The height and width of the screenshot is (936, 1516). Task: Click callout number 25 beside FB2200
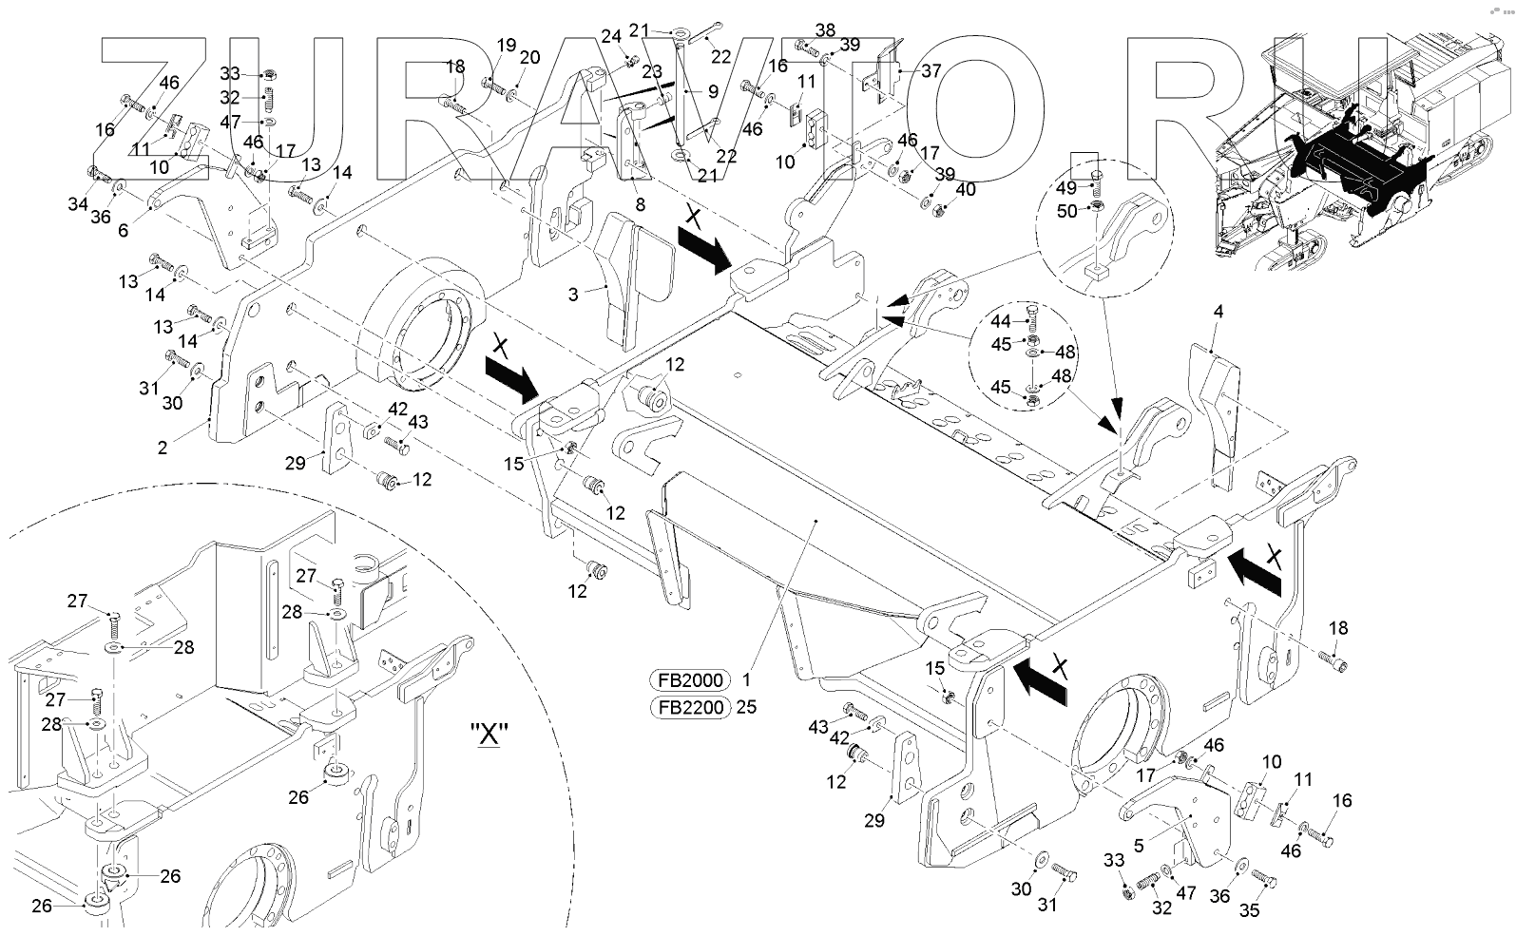coord(746,708)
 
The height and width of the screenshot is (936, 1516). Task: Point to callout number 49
coord(1067,188)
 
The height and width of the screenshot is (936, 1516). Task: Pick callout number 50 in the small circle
coord(1067,211)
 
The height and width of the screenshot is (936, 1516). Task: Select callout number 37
coord(931,70)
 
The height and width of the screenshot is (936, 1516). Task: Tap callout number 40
coord(965,189)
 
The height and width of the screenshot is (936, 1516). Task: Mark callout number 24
coord(610,37)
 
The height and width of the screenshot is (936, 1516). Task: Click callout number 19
coord(507,46)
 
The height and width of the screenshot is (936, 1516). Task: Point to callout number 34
coord(77,202)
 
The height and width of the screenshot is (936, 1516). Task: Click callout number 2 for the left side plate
coord(163,447)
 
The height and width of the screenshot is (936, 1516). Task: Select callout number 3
coord(573,296)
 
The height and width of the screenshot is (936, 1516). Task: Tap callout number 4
coord(1219,311)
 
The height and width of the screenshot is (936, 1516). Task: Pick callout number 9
coord(713,93)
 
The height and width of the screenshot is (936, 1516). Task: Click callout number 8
coord(640,204)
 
